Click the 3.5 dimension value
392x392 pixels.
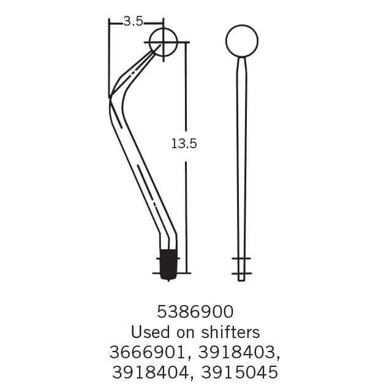[133, 21]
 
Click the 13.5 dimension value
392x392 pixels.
[183, 144]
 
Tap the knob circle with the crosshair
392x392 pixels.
[163, 42]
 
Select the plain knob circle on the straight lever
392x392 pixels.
[242, 41]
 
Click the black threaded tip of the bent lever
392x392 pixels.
[167, 263]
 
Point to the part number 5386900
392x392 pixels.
[195, 311]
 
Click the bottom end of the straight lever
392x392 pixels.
[241, 279]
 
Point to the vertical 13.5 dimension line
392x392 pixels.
[186, 202]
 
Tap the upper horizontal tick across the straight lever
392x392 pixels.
[241, 259]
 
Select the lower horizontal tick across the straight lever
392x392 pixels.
[241, 273]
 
